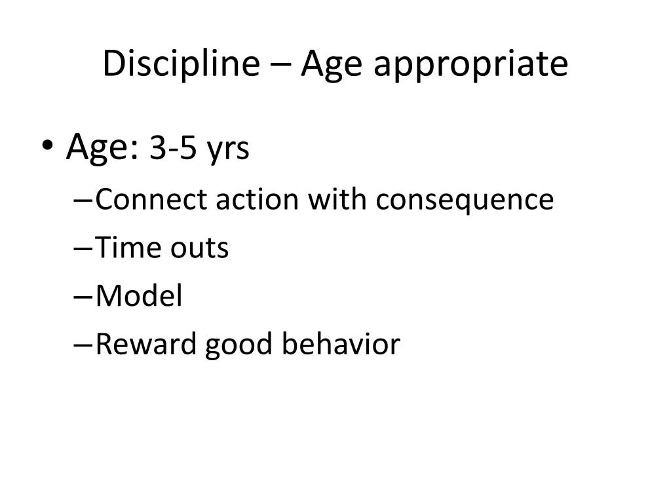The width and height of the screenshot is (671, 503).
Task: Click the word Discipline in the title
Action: pos(181,64)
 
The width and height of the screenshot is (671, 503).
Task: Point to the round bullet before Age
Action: pos(47,145)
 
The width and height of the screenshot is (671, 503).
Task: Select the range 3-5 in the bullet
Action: pos(172,149)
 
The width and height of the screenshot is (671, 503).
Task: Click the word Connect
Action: pos(155,199)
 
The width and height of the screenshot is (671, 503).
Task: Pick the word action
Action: pos(257,199)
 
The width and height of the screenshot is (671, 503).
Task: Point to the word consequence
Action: pos(465,201)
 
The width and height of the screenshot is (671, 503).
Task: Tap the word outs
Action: pos(199,248)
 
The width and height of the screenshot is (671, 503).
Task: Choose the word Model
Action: pos(139,295)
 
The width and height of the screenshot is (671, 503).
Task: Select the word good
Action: pos(239,346)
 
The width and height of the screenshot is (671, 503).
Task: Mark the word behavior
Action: pos(341,344)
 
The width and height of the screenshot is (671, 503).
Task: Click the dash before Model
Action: pos(83,297)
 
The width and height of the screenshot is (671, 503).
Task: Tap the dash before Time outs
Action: pos(83,248)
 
